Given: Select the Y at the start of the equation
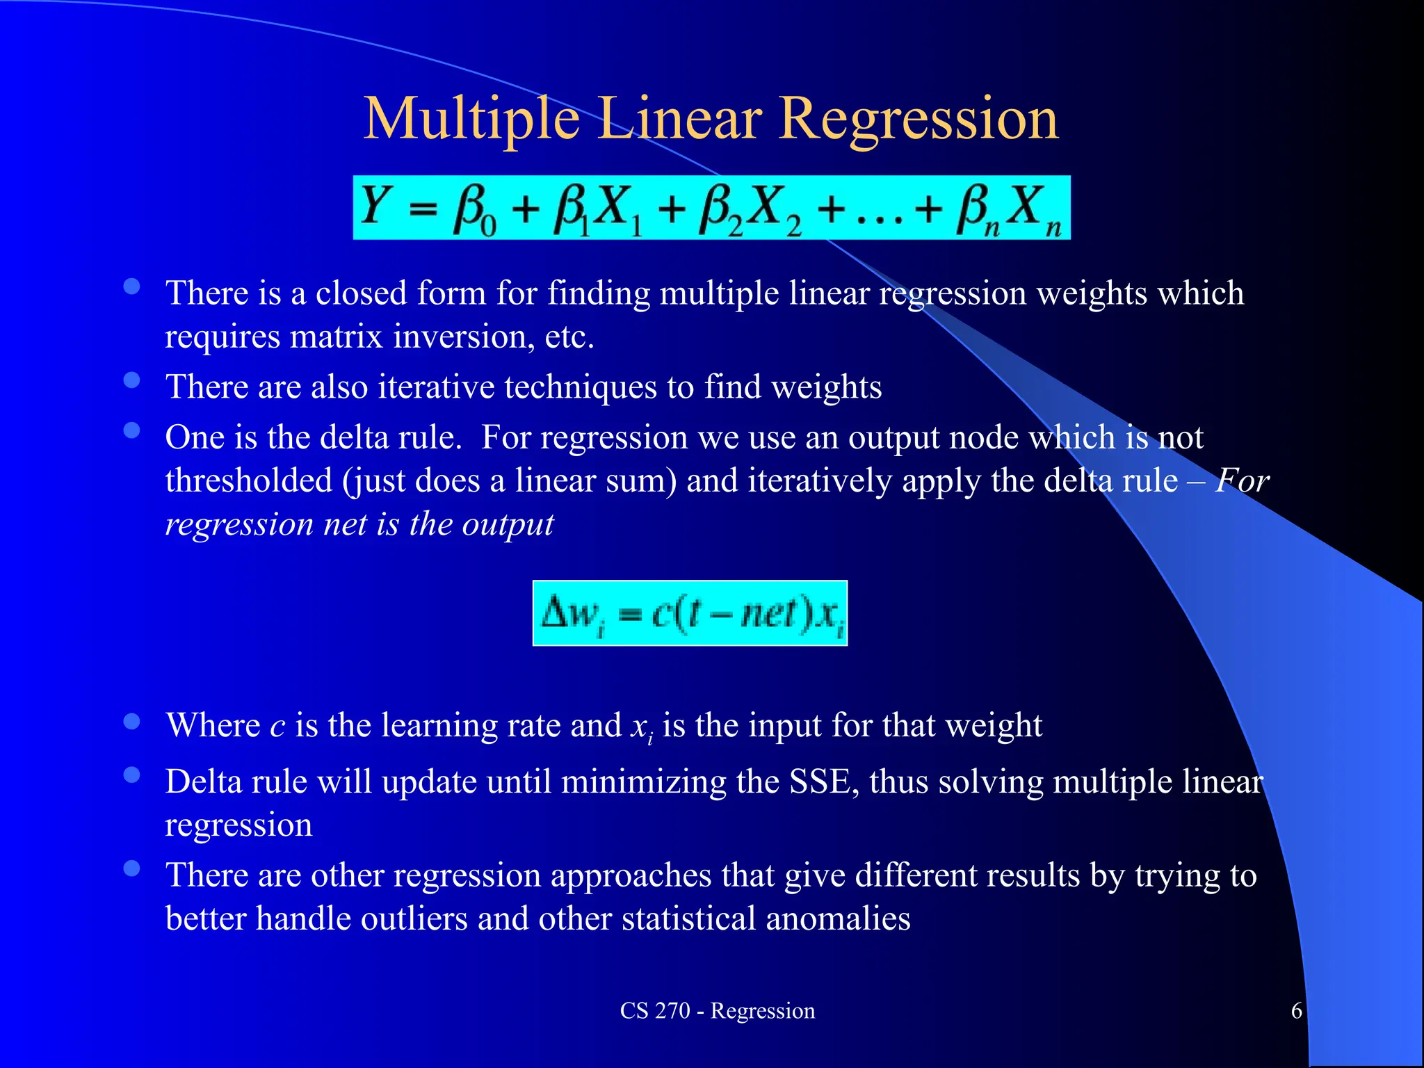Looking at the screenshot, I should point(375,206).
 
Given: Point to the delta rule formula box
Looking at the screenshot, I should point(690,613).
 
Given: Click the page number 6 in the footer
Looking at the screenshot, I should point(1296,1010).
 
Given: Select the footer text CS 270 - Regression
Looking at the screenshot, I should point(717,1010).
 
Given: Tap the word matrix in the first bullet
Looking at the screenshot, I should point(336,337).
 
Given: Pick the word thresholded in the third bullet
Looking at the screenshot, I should point(249,480).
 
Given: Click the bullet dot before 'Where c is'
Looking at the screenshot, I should point(131,721).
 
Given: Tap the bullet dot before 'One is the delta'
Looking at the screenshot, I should point(131,431).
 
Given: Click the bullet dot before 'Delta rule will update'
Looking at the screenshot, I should point(131,775).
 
